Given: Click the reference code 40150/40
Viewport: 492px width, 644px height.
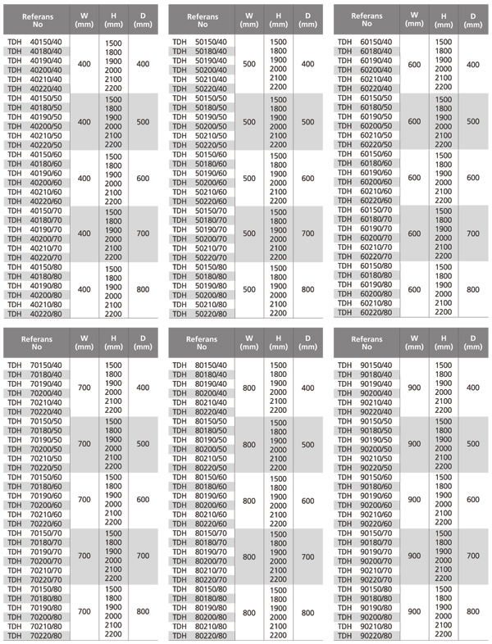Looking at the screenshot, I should click(x=48, y=42).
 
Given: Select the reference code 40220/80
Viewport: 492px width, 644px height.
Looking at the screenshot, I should click(x=48, y=312).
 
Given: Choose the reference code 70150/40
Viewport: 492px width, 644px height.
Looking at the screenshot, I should click(x=48, y=364).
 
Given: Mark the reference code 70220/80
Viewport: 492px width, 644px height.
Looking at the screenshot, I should click(x=48, y=635).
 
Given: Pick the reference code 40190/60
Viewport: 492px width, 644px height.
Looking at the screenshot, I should click(x=48, y=173).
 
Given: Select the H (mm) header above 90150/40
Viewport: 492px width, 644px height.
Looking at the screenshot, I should click(x=444, y=341).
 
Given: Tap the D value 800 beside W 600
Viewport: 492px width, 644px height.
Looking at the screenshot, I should click(x=473, y=289).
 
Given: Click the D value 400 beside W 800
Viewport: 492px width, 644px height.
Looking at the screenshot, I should click(x=307, y=387).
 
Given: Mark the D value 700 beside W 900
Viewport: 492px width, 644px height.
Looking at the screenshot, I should click(x=473, y=556).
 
